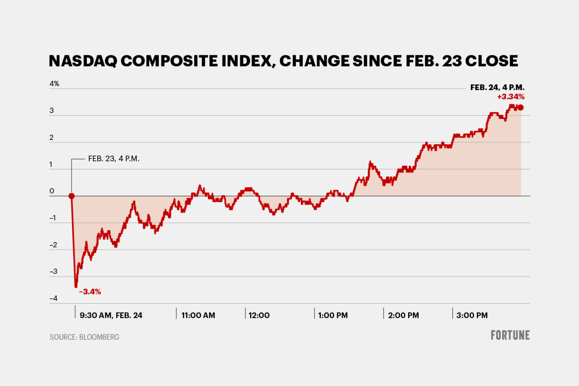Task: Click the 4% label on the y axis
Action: click(x=54, y=84)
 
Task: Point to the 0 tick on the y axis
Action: click(x=52, y=191)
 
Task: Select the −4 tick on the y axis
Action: click(x=53, y=298)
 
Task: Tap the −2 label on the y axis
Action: click(x=53, y=245)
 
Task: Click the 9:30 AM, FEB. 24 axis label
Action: click(x=111, y=315)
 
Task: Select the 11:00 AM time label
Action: click(x=198, y=315)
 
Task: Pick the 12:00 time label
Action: click(x=259, y=315)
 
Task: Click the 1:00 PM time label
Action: click(x=332, y=315)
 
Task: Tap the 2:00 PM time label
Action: click(x=403, y=315)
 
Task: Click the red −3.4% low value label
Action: click(x=90, y=292)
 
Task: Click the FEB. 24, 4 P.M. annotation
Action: click(x=497, y=88)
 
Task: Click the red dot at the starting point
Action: click(x=71, y=196)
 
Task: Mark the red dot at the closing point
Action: click(x=521, y=107)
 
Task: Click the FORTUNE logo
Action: click(x=510, y=335)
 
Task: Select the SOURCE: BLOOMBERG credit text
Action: click(x=85, y=337)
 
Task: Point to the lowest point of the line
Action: click(x=76, y=286)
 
